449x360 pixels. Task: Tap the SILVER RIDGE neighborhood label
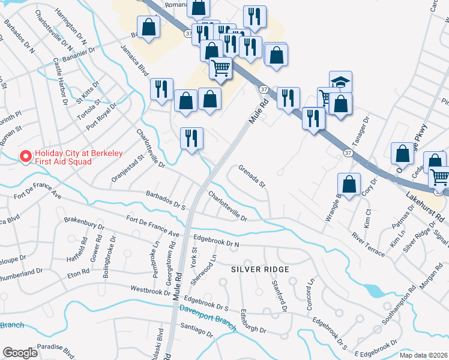(x=261, y=269)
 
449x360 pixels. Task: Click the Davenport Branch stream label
(x=207, y=316)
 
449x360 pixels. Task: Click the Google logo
(x=20, y=353)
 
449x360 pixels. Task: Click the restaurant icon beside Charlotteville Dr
(x=192, y=139)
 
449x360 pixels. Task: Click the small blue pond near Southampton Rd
(x=373, y=292)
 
